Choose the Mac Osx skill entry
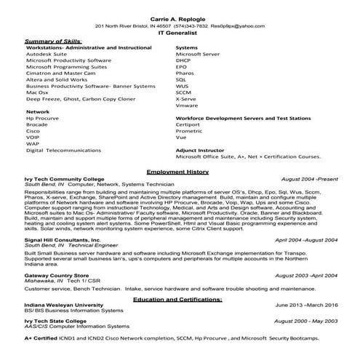tap(38, 92)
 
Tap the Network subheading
tap(38, 112)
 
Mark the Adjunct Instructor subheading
tap(200, 150)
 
